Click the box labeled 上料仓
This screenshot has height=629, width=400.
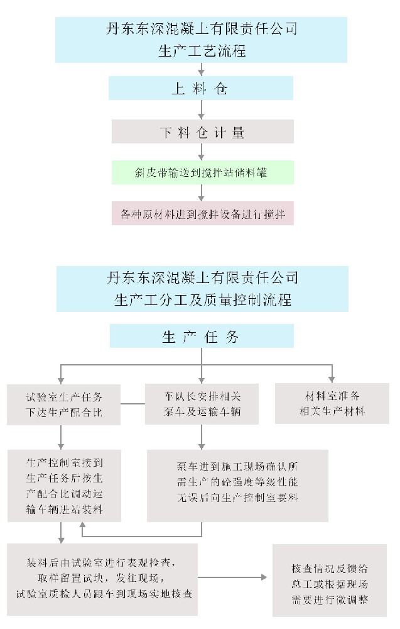(200, 89)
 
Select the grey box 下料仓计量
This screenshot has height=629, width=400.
(200, 132)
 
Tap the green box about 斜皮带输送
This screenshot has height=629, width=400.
(200, 172)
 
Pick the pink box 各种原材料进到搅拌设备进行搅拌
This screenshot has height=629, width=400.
(200, 214)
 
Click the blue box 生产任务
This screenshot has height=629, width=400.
(201, 337)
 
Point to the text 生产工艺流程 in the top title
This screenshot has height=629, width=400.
(201, 51)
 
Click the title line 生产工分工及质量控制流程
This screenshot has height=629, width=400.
(201, 299)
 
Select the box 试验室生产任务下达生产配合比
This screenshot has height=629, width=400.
(63, 404)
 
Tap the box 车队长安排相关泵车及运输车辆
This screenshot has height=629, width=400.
(200, 404)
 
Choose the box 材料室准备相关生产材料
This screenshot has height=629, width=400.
(331, 404)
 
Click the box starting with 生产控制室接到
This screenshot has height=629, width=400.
(63, 484)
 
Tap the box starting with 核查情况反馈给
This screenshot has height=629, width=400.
(330, 580)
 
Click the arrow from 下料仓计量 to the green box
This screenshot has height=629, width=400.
(201, 152)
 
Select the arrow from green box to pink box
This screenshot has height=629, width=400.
(201, 192)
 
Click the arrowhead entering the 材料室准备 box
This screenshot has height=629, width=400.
(331, 379)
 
